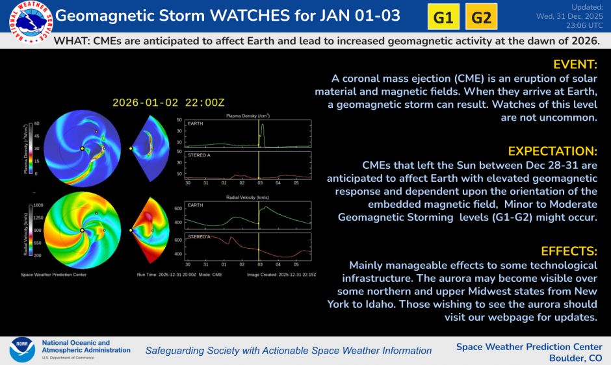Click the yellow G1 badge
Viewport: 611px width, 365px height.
pos(443,18)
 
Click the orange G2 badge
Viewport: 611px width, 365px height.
pos(481,18)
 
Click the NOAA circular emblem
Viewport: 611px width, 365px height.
pos(21,349)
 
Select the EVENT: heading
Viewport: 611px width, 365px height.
pos(575,64)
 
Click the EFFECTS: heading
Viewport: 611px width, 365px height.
pos(569,251)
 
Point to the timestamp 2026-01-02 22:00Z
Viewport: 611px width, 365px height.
pos(168,103)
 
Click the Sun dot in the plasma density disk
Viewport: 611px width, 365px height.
pos(82,149)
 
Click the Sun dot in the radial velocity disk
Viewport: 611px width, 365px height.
pos(82,230)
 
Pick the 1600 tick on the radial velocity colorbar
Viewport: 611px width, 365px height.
pos(38,205)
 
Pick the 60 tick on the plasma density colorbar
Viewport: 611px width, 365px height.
pos(36,123)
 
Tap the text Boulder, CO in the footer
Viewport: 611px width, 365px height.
pos(575,358)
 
